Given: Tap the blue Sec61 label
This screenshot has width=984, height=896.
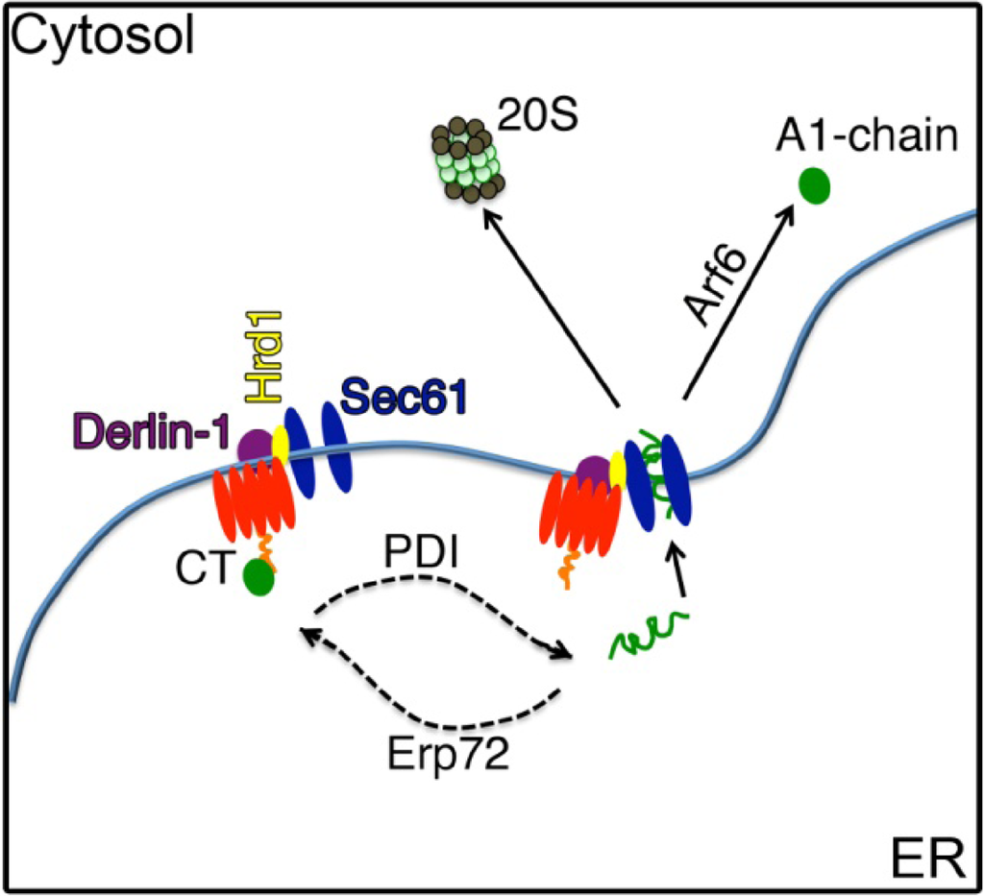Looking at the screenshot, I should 403,394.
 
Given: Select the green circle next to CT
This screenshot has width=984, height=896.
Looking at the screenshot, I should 258,578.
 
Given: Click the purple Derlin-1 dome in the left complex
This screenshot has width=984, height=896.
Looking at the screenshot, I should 255,445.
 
